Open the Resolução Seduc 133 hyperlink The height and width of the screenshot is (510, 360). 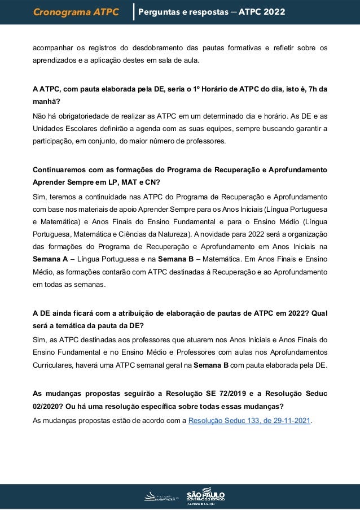[249, 421]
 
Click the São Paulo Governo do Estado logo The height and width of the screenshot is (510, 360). [205, 495]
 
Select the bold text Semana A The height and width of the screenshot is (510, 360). [49, 259]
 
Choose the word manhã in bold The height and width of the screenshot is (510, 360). [45, 103]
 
